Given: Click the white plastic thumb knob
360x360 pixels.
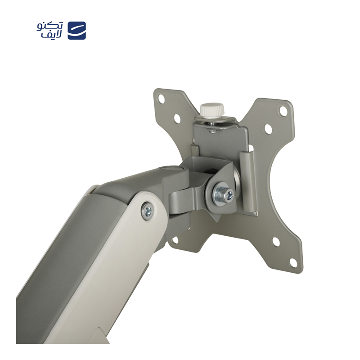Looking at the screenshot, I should [x=212, y=110].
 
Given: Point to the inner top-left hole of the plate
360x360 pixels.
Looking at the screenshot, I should [x=177, y=118].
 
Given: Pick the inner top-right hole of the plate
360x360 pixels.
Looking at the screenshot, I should [x=268, y=129].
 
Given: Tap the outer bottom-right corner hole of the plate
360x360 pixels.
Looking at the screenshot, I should [x=293, y=262].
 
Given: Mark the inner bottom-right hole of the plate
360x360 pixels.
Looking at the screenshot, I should [x=276, y=242].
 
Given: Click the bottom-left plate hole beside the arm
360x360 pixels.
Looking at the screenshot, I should [x=175, y=240].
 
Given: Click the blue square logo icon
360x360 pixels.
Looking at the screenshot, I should [x=76, y=31].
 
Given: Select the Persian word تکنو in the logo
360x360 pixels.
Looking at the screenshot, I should [x=50, y=26].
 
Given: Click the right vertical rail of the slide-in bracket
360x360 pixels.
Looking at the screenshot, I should [x=248, y=180].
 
